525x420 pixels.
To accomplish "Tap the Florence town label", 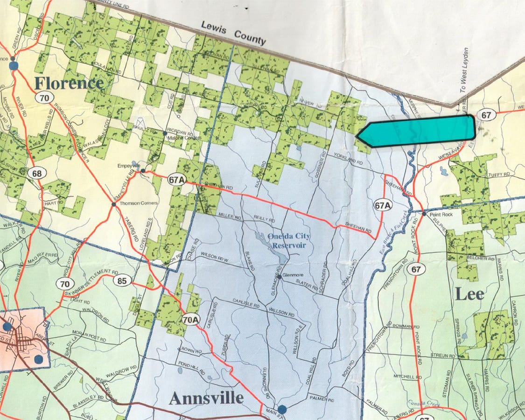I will tap(69, 83).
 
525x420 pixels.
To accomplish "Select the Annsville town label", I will tap(206, 398).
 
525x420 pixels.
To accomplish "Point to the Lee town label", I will tap(469, 294).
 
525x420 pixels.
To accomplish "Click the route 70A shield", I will tap(191, 320).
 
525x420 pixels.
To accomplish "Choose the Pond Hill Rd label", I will tap(191, 369).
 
